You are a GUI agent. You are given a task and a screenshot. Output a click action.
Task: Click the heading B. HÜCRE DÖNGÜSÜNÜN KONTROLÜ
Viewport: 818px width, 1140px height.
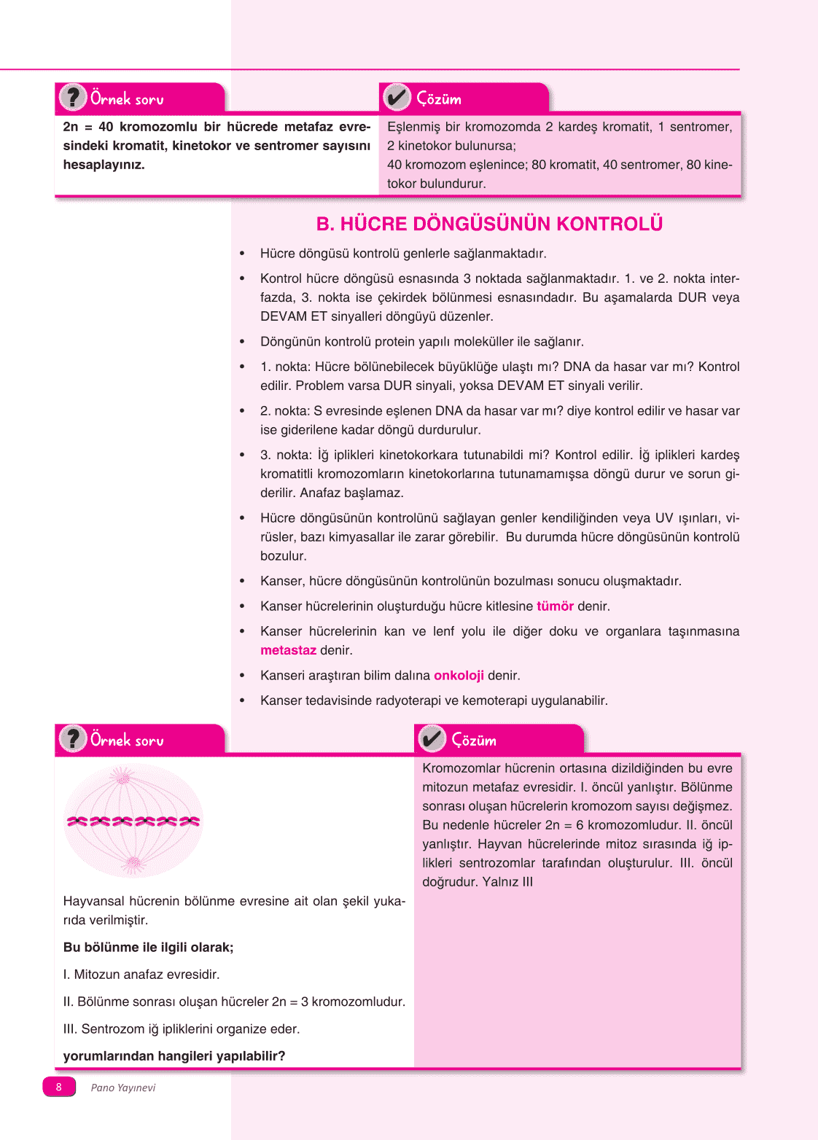point(489,224)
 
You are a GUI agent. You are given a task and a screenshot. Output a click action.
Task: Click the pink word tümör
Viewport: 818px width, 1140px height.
point(555,606)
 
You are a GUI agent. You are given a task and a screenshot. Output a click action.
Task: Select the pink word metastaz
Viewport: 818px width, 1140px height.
point(288,650)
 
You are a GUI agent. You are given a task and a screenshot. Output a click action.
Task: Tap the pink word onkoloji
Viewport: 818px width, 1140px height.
point(459,676)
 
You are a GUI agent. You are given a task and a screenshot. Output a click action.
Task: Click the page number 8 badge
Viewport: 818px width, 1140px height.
point(59,1087)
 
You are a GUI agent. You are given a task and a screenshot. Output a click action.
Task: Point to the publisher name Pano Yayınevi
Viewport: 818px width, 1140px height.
point(123,1088)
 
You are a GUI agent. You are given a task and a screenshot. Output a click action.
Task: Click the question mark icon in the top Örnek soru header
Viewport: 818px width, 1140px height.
point(72,98)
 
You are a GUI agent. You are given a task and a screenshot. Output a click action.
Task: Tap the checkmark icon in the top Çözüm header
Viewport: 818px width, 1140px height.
point(397,98)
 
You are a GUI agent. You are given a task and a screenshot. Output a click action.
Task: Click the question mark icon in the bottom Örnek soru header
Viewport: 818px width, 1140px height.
point(72,739)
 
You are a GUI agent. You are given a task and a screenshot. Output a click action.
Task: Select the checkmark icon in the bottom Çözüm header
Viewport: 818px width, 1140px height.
point(432,739)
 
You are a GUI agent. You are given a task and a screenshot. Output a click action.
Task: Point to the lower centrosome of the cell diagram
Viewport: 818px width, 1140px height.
point(133,864)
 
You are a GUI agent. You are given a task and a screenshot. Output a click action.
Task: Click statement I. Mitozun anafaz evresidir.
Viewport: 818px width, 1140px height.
point(141,975)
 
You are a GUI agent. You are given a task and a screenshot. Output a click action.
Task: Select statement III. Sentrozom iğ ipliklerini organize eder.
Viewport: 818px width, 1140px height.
point(182,1029)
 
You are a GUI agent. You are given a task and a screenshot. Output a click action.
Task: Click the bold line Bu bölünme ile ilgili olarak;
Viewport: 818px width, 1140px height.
point(148,948)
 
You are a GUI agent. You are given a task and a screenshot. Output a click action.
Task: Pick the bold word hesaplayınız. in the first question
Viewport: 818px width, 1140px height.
point(104,165)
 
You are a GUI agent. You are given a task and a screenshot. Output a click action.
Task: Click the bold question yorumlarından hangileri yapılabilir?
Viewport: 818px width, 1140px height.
point(174,1056)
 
